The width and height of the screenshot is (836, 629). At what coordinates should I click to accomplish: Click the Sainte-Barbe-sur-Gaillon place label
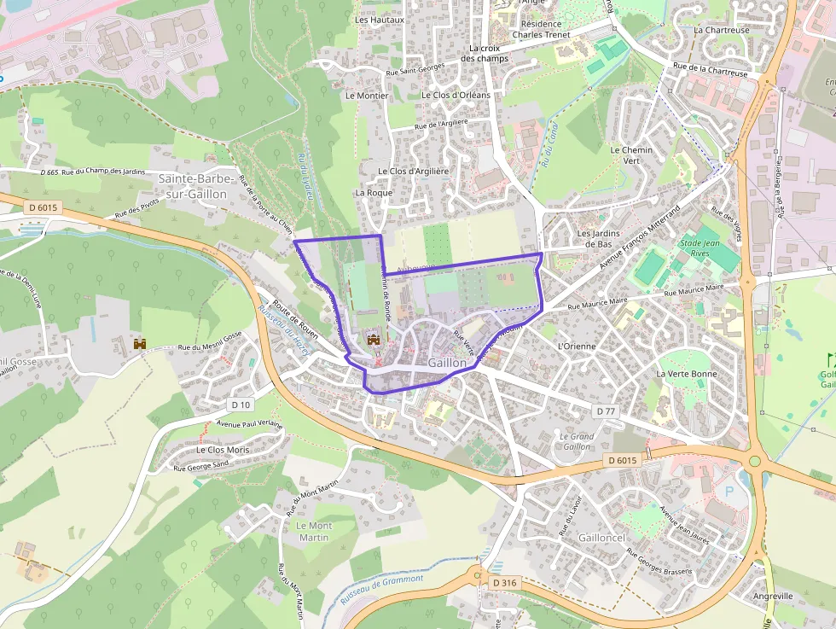[193, 186]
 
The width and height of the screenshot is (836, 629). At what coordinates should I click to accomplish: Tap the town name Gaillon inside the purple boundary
[447, 363]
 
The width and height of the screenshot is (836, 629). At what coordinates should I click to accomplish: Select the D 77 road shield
[606, 411]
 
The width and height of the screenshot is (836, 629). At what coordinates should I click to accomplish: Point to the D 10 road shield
[241, 405]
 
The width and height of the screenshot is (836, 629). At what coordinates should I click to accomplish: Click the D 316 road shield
[505, 582]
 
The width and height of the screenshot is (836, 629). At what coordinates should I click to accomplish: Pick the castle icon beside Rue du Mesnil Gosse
[141, 344]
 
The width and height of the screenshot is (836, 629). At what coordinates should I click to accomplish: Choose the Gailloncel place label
[601, 538]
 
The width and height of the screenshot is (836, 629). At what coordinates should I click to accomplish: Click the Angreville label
[772, 596]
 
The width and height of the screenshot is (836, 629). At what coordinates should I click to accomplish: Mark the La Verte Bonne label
[687, 374]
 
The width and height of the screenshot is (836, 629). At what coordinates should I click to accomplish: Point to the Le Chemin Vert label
[631, 155]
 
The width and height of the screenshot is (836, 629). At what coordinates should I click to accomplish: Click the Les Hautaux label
[379, 19]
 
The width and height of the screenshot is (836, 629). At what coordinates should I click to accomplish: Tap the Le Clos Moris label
[223, 450]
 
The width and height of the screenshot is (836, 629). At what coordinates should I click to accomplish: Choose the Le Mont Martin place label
[314, 532]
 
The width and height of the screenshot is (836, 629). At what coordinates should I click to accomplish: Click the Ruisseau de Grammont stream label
[381, 589]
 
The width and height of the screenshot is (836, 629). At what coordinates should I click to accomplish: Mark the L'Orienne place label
[576, 347]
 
